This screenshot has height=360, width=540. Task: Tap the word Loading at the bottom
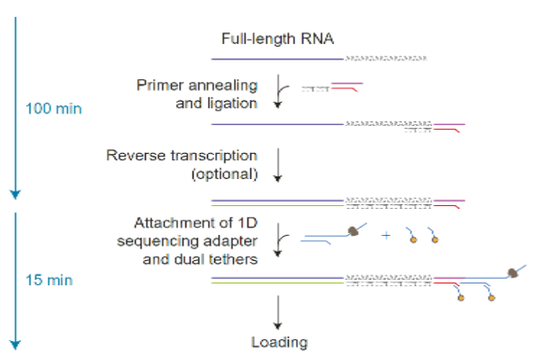pyautogui.click(x=279, y=342)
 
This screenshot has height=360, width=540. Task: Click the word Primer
pyautogui.click(x=158, y=85)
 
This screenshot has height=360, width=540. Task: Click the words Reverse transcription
pyautogui.click(x=182, y=156)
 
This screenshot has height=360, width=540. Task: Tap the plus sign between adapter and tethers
pyautogui.click(x=385, y=236)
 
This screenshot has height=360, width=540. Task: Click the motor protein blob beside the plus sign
pyautogui.click(x=355, y=231)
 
